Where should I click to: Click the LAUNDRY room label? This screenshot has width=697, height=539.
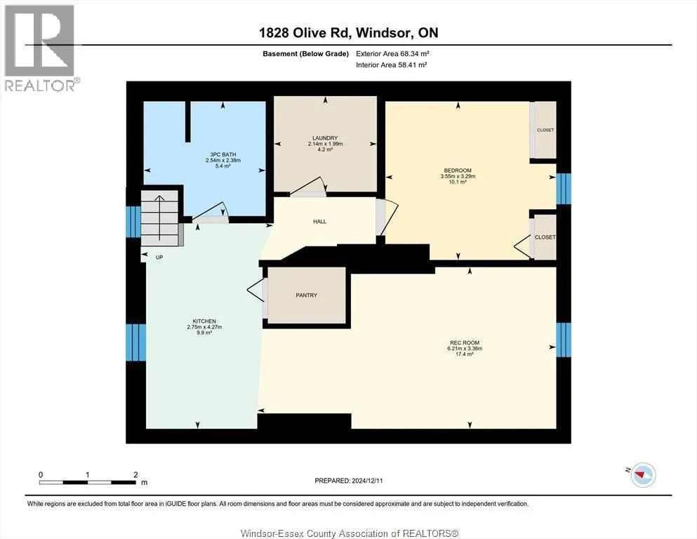point(325,138)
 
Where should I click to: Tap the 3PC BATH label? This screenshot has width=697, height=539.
point(223,154)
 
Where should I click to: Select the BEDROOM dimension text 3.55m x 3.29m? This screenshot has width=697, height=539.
point(458,176)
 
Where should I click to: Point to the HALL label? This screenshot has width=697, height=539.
point(319,221)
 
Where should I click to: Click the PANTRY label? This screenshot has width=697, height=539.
point(306,295)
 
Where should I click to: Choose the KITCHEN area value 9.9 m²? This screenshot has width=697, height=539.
point(204,333)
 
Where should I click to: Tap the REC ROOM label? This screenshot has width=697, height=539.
point(465,342)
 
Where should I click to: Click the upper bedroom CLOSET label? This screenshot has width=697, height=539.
point(545,130)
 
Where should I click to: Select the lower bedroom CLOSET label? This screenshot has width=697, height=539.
point(545,237)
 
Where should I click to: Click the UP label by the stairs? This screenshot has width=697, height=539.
point(159,258)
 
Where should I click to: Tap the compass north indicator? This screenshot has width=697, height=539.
point(641,474)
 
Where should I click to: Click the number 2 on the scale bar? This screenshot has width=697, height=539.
point(135,474)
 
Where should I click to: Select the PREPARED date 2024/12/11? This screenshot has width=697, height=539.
point(367,481)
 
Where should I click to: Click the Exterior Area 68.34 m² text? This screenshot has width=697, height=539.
point(392,54)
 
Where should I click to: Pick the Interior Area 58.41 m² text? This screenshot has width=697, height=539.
point(392,65)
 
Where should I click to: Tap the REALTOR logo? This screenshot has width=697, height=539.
point(41,48)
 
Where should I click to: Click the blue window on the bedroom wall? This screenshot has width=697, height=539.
point(564,189)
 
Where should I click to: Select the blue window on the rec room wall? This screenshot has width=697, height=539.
point(564,340)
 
